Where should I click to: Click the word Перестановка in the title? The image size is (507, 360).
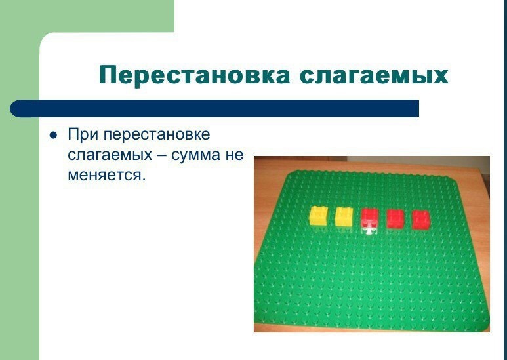(x=195, y=75)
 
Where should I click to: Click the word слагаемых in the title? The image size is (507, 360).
(x=374, y=75)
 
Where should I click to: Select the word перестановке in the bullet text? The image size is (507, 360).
(x=157, y=134)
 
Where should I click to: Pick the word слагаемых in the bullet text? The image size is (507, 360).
(x=110, y=155)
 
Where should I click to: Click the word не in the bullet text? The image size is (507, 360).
(x=234, y=155)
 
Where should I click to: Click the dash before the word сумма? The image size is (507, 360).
(x=161, y=155)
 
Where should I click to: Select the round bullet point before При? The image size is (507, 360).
(x=53, y=135)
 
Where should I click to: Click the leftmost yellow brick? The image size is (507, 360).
(x=319, y=216)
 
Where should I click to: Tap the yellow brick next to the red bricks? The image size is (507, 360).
(x=344, y=216)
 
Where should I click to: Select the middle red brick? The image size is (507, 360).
(x=395, y=218)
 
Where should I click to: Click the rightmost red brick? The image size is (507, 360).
(x=421, y=220)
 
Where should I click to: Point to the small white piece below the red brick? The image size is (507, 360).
(x=369, y=230)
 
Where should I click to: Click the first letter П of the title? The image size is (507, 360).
(x=108, y=75)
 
